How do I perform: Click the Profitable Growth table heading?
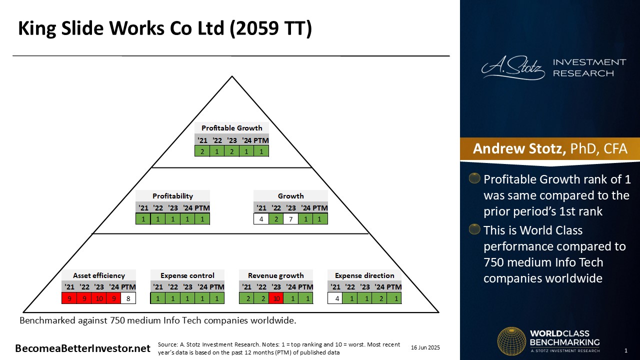coord(231,128)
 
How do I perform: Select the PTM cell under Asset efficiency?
coord(128,298)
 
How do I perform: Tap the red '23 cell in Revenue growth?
coord(276,298)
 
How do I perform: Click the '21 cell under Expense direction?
coord(335,298)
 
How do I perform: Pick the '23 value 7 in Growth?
coord(291,219)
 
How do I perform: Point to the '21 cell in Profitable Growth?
coord(202,151)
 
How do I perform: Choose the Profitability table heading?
coord(172,196)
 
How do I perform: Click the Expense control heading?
coord(187,275)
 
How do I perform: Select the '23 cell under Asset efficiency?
coord(99,298)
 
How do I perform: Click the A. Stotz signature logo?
coord(513,68)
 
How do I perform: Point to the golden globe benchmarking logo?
coord(511,341)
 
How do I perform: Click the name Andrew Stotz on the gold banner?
coord(519,148)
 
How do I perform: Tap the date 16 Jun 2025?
coord(425,347)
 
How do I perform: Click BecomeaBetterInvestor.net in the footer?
coord(82,348)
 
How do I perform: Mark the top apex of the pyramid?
coord(232,76)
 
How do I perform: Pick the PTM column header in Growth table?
coord(319,208)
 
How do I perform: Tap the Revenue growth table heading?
coord(275,275)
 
